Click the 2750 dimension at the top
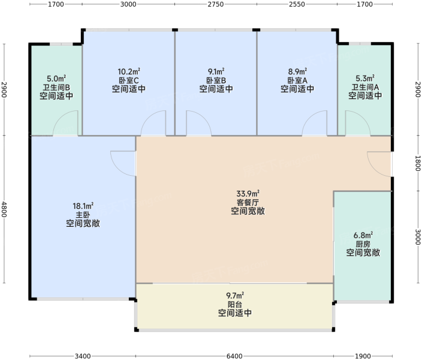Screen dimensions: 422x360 click(216, 4)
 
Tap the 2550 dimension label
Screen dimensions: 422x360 click(297, 4)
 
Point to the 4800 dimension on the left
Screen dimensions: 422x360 click(4, 209)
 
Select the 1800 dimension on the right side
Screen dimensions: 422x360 click(418, 163)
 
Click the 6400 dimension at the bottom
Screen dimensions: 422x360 click(234, 356)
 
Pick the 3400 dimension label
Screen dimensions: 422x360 click(83, 356)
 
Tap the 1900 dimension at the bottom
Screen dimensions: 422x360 click(363, 356)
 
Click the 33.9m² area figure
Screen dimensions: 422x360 click(248, 193)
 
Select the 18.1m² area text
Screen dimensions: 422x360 click(83, 206)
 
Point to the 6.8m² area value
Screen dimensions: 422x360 click(363, 235)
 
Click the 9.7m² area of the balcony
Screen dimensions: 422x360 click(235, 296)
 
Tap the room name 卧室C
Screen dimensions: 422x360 click(129, 80)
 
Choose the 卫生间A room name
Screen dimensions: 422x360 click(365, 87)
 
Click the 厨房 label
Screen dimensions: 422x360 click(363, 244)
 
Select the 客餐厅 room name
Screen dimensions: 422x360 click(248, 202)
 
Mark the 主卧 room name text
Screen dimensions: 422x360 click(83, 215)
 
